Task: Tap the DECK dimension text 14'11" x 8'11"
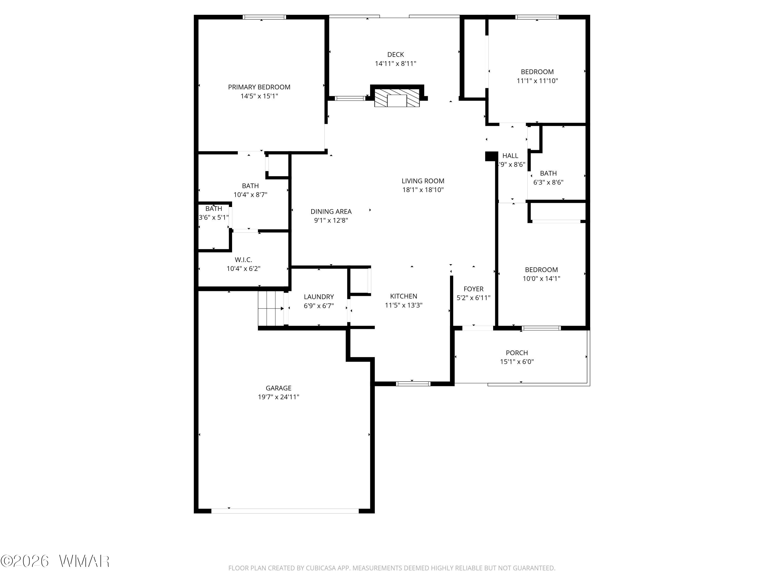coord(396,64)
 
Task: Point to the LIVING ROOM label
coord(423,181)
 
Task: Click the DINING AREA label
coord(331,212)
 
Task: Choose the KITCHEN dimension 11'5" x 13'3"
coord(404,305)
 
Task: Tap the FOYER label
coord(474,289)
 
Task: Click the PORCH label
coord(517,353)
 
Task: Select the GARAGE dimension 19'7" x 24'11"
coord(279,397)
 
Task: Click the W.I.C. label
coord(244,260)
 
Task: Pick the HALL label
coord(510,155)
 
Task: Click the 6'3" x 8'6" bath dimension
coord(548,182)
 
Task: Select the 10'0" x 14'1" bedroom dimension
coord(541,279)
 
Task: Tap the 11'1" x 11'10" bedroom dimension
coord(537,81)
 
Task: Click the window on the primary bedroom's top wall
coord(264,17)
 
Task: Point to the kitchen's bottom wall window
coord(413,383)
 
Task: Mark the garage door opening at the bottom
coord(285,511)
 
